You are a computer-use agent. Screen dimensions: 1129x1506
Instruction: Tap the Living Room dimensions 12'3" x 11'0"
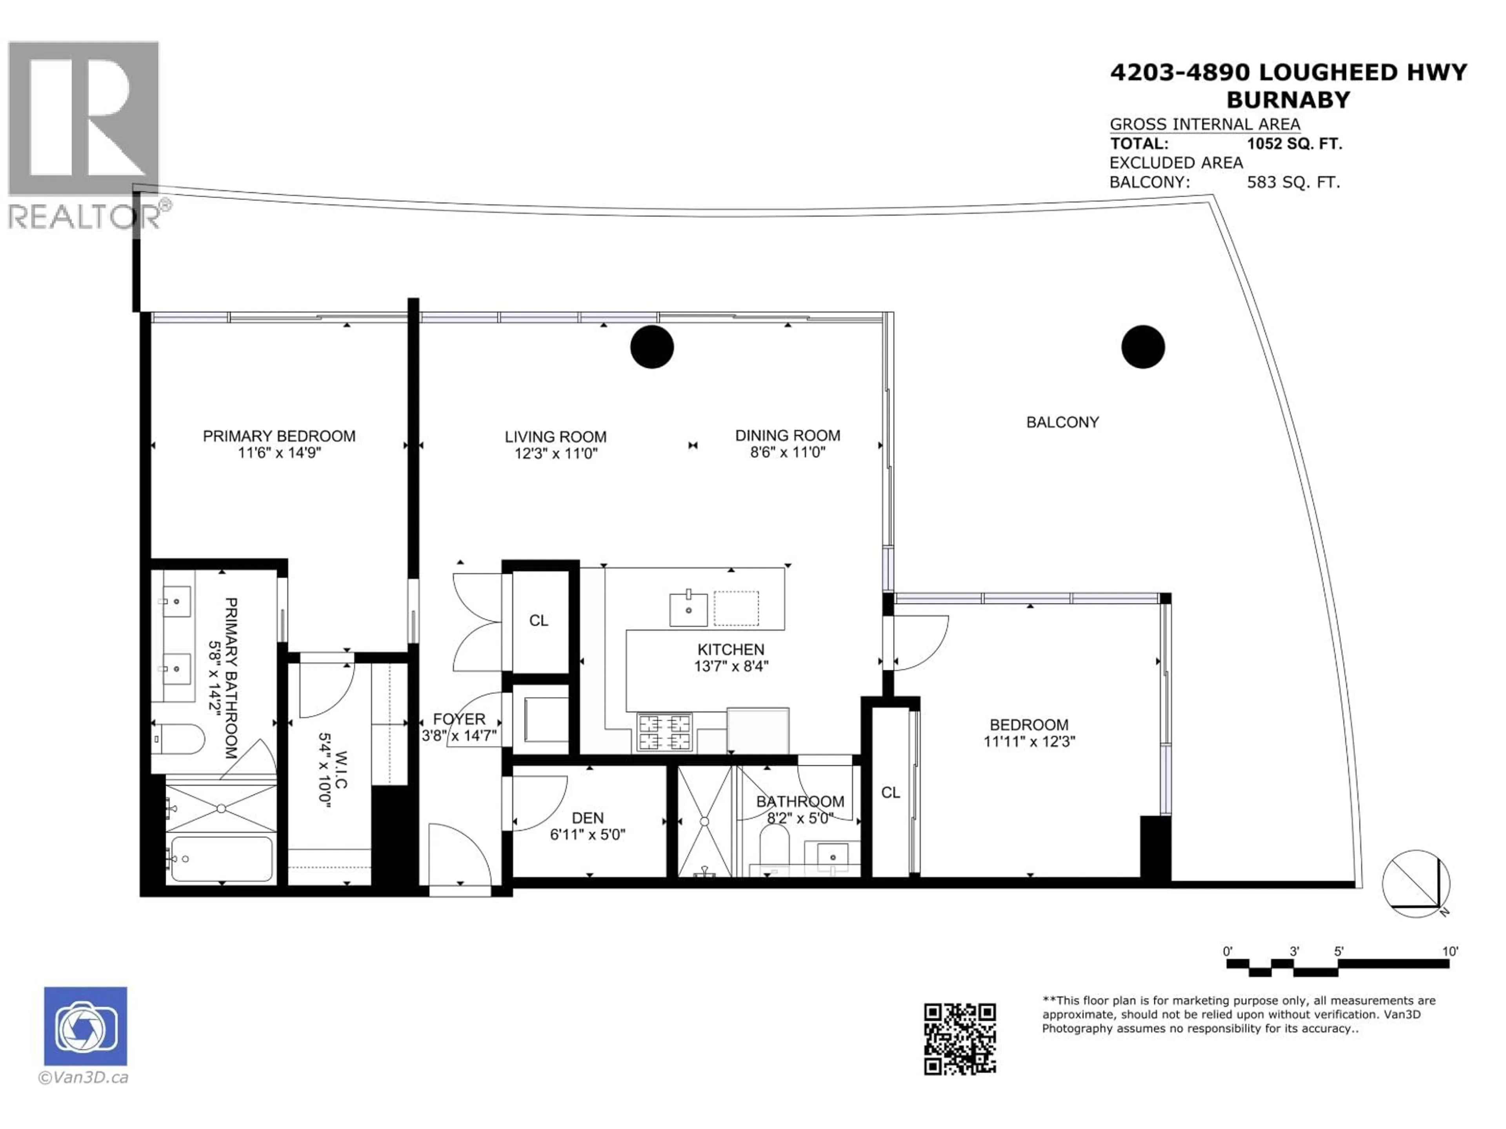click(556, 453)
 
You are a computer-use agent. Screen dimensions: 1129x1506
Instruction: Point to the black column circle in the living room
click(651, 347)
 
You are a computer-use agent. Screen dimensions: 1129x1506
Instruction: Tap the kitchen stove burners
click(664, 732)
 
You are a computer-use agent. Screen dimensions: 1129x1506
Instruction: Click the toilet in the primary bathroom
click(178, 739)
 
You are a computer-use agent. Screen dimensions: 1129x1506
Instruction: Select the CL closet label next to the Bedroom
click(891, 792)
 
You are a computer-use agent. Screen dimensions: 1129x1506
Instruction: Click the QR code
click(959, 1039)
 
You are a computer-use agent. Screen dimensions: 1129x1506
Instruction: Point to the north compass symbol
click(1416, 883)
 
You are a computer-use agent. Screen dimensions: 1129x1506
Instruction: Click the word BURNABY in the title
click(1288, 100)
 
